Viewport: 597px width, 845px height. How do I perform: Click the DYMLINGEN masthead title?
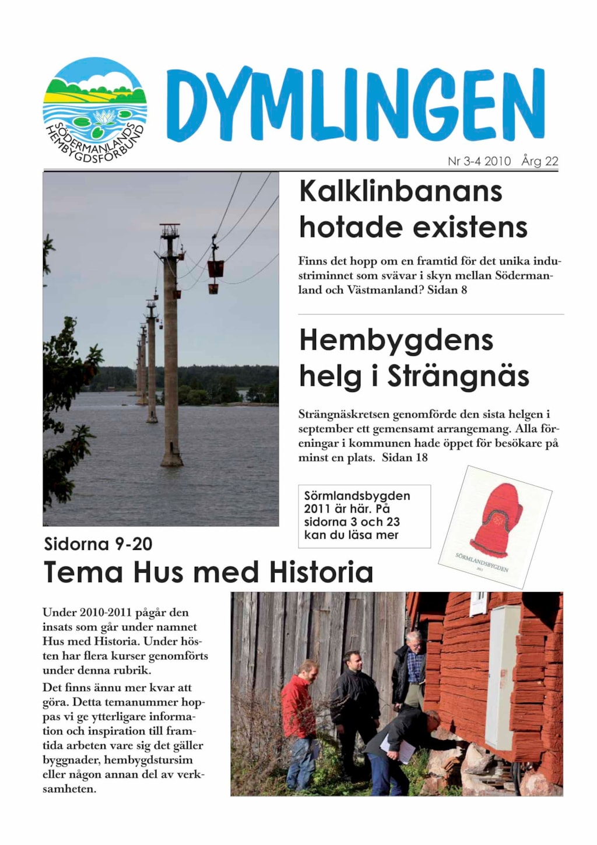pyautogui.click(x=356, y=105)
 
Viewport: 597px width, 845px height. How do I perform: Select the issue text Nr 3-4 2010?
pyautogui.click(x=479, y=161)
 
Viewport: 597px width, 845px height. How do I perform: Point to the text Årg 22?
pyautogui.click(x=540, y=161)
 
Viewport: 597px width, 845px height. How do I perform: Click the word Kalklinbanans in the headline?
pyautogui.click(x=401, y=191)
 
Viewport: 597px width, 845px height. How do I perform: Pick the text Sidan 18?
pyautogui.click(x=405, y=458)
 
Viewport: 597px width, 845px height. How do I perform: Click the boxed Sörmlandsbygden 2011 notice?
pyautogui.click(x=364, y=516)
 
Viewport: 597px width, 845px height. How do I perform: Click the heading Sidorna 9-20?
pyautogui.click(x=98, y=544)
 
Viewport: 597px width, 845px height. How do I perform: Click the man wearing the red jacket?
pyautogui.click(x=300, y=717)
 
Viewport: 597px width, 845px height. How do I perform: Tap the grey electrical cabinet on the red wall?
pyautogui.click(x=502, y=676)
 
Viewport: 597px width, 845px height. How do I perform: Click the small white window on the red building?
pyautogui.click(x=478, y=602)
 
